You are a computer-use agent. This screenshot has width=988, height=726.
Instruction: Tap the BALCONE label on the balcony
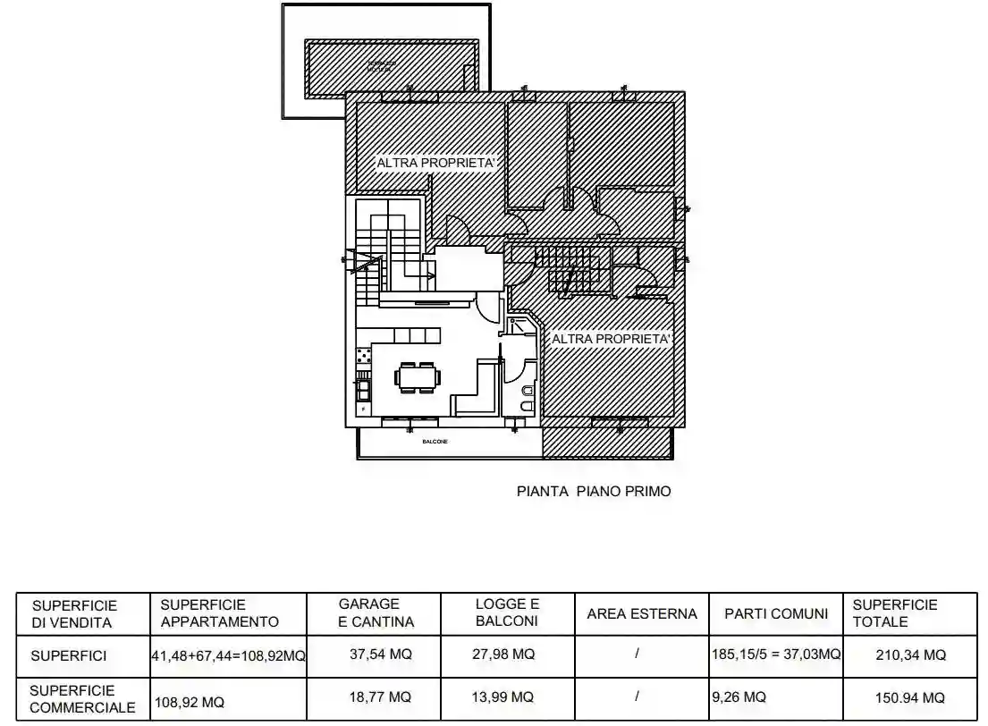tap(435, 443)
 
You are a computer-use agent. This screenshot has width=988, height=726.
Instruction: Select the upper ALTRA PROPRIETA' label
tap(435, 164)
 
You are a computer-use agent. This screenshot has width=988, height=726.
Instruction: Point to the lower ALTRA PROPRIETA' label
tap(611, 340)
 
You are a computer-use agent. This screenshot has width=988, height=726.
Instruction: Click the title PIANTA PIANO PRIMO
tap(594, 491)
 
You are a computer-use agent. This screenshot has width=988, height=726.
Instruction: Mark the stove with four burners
tap(364, 357)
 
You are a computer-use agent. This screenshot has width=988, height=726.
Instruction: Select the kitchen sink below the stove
tap(364, 389)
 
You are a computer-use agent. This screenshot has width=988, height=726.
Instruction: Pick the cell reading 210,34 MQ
tap(909, 655)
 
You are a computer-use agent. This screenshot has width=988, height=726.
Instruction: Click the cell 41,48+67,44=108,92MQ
tap(229, 655)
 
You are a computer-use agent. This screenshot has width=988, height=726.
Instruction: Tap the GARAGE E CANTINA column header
tap(376, 612)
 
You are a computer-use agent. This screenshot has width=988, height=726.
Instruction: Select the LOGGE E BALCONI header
tap(507, 612)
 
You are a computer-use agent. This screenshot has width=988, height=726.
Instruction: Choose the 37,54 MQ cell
tap(380, 654)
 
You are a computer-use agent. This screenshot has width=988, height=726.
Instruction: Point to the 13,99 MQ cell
tap(502, 696)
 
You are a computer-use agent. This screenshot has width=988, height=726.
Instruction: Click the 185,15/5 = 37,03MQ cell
tap(776, 654)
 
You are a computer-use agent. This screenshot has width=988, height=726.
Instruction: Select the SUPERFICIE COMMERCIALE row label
tap(82, 698)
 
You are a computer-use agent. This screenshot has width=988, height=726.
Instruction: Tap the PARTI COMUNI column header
tap(776, 613)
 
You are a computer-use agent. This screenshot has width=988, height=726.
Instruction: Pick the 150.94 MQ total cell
tap(909, 697)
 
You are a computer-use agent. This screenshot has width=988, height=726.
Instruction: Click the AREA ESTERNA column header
tap(641, 613)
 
